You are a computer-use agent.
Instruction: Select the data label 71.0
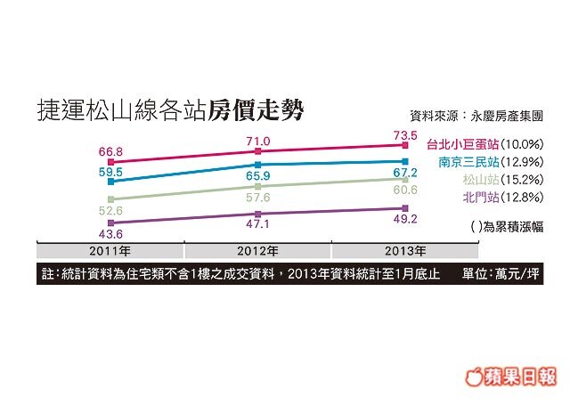tap(257, 142)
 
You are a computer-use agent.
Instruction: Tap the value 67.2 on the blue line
tap(405, 171)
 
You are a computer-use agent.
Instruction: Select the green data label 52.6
tap(110, 212)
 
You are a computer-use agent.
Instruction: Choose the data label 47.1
tap(257, 228)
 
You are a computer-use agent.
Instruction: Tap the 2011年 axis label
tap(110, 249)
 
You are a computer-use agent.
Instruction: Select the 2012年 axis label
tap(257, 249)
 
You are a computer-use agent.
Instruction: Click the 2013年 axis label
tap(405, 249)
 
